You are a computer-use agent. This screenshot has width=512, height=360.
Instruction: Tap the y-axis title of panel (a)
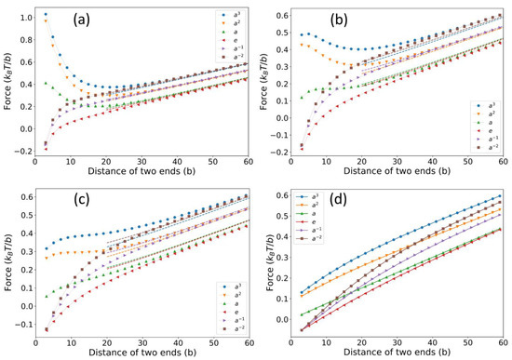pos(7,84)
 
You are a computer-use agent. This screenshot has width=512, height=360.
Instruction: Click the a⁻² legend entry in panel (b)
pos(478,146)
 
